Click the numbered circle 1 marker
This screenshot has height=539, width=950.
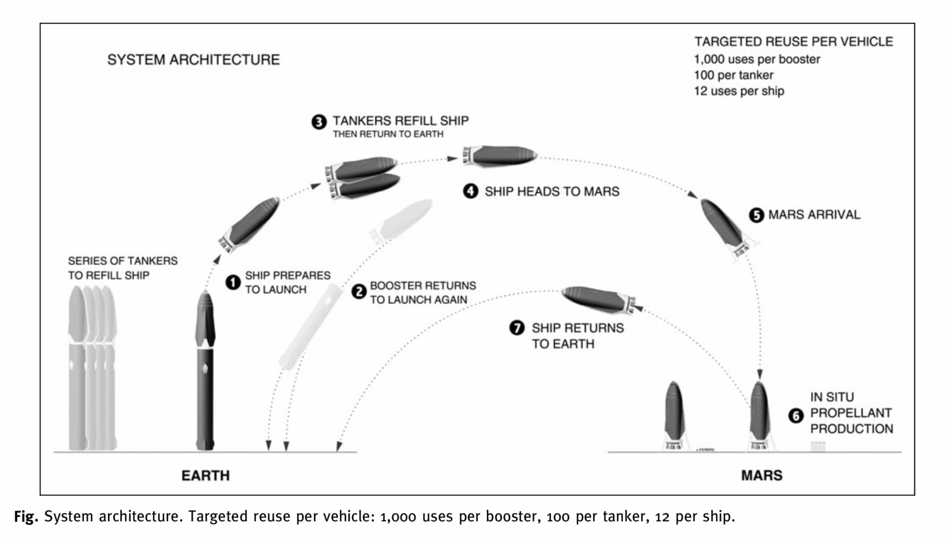click(233, 282)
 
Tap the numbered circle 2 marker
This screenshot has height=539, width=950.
click(359, 291)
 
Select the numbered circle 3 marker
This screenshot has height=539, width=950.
click(319, 122)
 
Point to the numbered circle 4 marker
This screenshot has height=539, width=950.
click(471, 191)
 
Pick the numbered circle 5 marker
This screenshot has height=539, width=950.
click(756, 215)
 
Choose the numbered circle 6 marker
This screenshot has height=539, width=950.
click(796, 416)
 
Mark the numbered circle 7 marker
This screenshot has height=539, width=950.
click(517, 328)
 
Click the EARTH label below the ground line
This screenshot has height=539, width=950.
click(205, 475)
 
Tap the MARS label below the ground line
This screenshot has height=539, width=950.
click(761, 475)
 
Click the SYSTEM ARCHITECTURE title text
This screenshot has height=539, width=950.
click(193, 60)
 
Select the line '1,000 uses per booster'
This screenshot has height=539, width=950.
click(756, 59)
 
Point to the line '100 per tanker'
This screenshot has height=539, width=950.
click(733, 75)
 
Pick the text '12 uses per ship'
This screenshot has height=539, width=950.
click(739, 91)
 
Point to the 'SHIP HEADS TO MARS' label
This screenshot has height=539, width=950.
click(552, 192)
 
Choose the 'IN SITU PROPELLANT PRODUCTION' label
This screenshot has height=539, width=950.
click(851, 413)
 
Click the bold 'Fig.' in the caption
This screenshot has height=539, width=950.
click(26, 517)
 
